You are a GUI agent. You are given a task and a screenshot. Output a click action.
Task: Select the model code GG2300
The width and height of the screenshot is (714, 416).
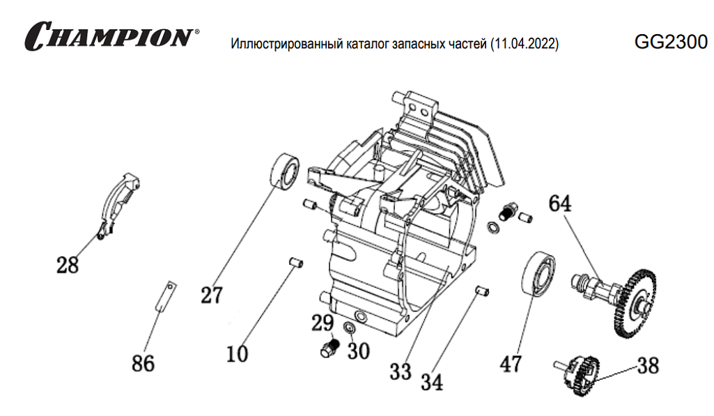(670, 42)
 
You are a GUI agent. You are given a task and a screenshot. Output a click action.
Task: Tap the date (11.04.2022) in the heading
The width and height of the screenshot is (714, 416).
(525, 45)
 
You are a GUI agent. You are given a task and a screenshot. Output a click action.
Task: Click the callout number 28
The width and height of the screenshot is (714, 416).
(68, 265)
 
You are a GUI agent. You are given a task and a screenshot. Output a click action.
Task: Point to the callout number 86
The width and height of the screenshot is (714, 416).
(143, 363)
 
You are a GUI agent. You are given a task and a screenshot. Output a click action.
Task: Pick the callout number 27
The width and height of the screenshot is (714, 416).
(211, 295)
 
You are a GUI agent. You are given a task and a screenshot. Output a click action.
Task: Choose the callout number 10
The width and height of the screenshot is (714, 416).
(237, 354)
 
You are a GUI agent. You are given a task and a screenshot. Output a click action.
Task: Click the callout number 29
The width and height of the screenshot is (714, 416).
(323, 323)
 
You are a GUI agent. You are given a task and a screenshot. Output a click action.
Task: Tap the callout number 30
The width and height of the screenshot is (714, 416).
(358, 351)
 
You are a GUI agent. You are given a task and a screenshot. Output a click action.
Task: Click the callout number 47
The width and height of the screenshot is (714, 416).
(511, 364)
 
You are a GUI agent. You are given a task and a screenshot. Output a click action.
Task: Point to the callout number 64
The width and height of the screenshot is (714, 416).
(559, 203)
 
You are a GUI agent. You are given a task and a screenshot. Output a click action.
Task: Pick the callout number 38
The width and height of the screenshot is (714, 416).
(647, 365)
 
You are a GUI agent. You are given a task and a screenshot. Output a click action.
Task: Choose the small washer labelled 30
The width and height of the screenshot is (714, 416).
(350, 328)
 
